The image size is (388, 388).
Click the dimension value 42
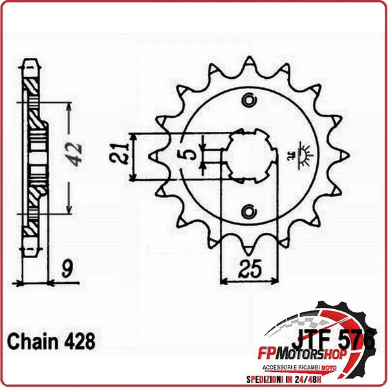tap(76, 153)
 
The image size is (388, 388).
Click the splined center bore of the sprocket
tap(250, 155)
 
